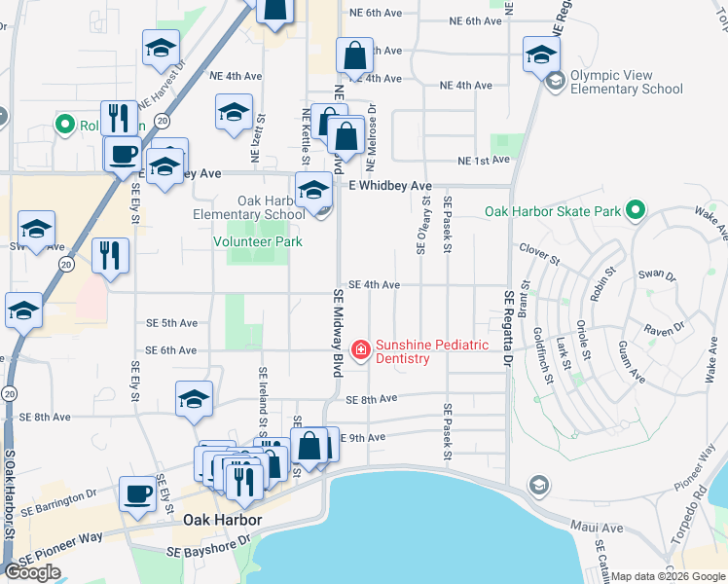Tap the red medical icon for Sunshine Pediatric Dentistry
pos(360,348)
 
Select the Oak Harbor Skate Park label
pos(553,210)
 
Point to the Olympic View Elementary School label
pos(627,82)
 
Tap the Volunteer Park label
pos(258,241)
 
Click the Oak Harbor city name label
pos(222,521)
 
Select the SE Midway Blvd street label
pos(339,333)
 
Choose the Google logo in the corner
pos(33,572)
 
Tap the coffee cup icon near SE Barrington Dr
pos(137,493)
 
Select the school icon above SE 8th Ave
pos(194,399)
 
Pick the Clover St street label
pos(539,254)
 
